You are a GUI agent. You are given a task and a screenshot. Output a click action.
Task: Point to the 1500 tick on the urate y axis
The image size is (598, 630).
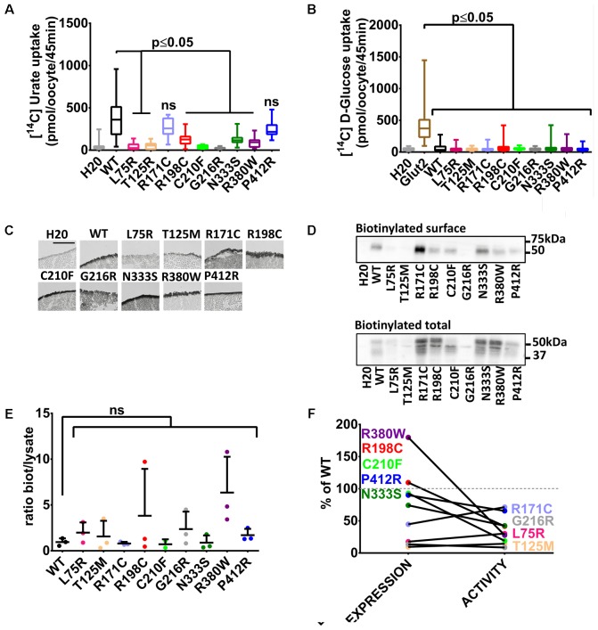tap(67, 24)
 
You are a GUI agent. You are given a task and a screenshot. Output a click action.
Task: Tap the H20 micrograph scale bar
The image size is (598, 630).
tap(61, 237)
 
